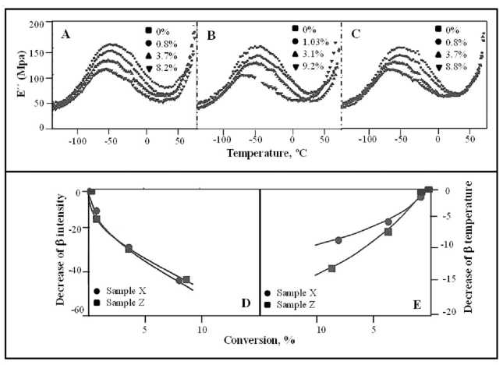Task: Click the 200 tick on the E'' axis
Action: coord(36,25)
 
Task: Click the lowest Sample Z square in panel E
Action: coord(331,269)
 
